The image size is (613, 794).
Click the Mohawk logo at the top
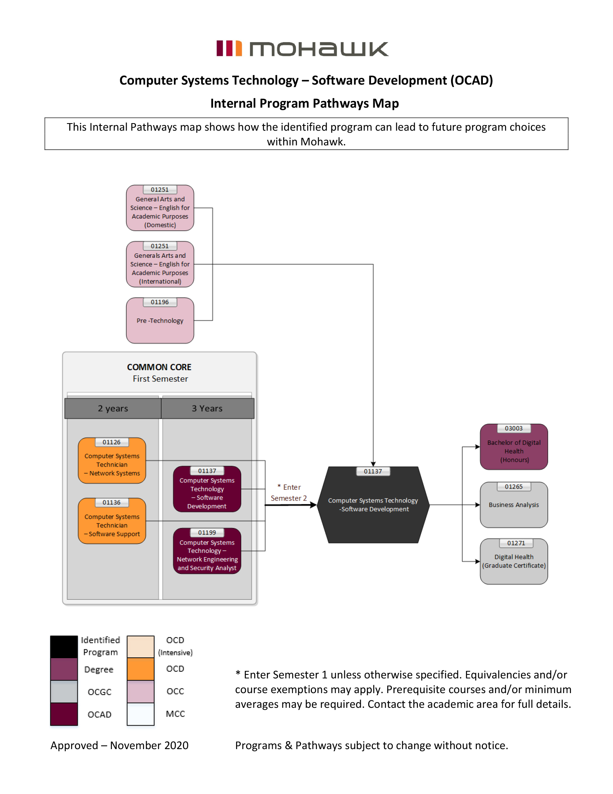tap(302, 49)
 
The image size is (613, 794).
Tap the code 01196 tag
tap(160, 302)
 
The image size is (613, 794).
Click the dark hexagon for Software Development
tap(373, 505)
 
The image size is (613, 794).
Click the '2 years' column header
tap(113, 408)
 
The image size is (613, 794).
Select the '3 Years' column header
tap(207, 408)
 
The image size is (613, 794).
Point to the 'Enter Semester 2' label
tap(289, 493)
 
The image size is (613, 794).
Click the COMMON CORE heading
tap(159, 367)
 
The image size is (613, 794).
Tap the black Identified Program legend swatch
tap(64, 647)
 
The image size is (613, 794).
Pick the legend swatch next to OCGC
tap(64, 692)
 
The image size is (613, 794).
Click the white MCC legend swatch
tap(140, 714)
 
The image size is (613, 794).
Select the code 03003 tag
tap(514, 428)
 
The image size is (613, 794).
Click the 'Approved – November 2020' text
tap(119, 746)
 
